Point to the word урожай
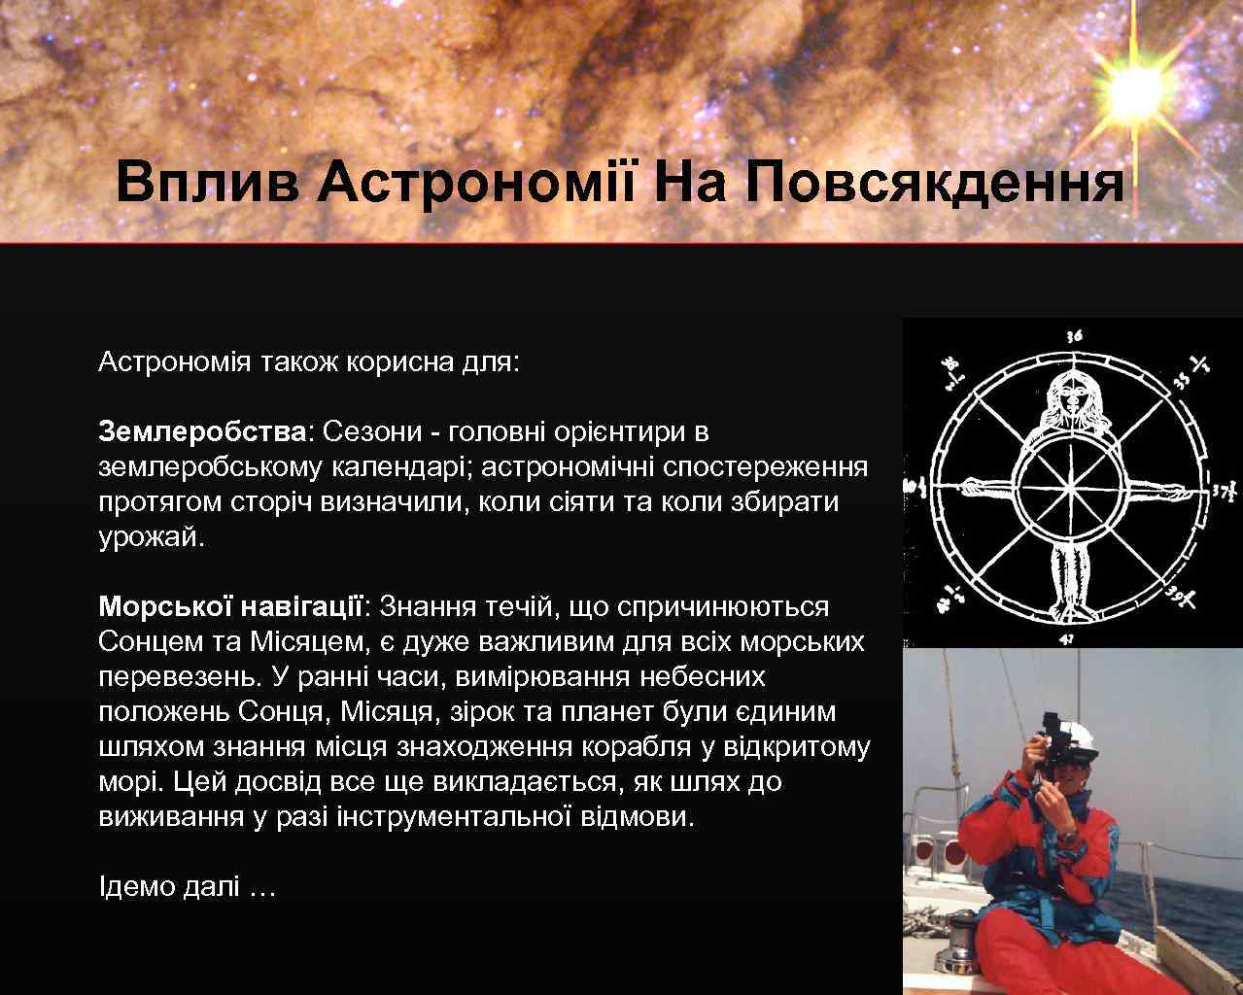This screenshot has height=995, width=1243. point(151,536)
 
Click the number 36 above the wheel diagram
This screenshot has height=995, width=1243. point(1074,336)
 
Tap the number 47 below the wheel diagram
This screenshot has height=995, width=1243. point(1067,638)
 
